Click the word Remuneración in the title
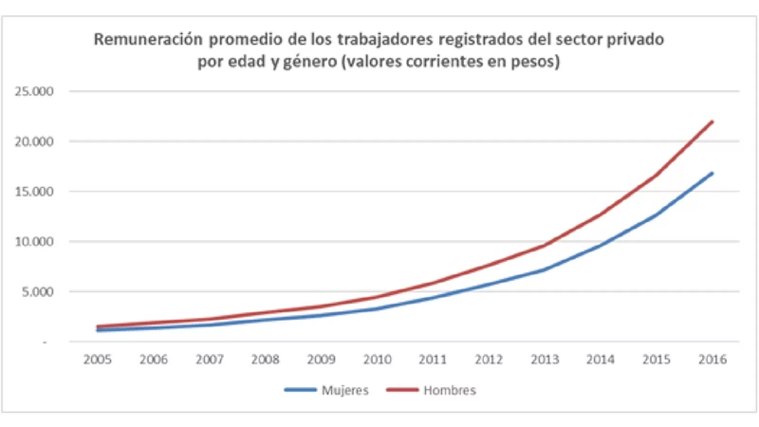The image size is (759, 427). click(148, 39)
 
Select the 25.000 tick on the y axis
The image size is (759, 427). click(34, 91)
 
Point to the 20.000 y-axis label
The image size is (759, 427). click(34, 141)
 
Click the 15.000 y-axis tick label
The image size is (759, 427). click(34, 192)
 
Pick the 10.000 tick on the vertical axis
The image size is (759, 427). click(34, 241)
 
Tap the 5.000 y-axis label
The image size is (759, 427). click(37, 292)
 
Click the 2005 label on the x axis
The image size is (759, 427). click(97, 360)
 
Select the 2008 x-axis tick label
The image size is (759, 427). click(265, 360)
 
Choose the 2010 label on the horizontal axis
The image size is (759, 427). click(377, 360)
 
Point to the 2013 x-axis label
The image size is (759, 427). click(545, 360)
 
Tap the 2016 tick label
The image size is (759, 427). click(712, 360)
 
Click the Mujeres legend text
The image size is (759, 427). click(345, 390)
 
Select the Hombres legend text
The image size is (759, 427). click(450, 390)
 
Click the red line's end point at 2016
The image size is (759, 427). click(712, 121)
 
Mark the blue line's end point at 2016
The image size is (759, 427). click(712, 173)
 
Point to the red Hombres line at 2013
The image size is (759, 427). click(545, 245)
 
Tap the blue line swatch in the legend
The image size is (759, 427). click(300, 390)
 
